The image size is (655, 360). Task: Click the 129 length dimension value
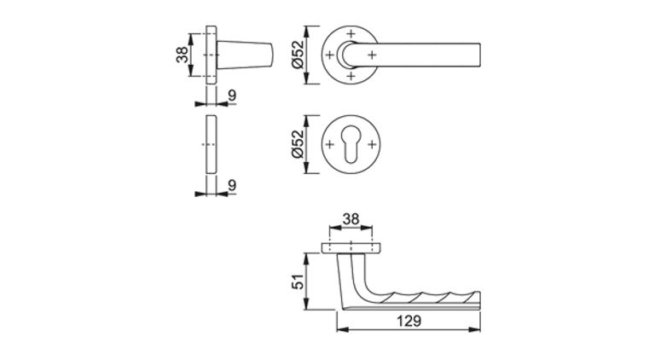click(x=409, y=321)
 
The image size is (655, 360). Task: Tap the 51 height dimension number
click(x=299, y=282)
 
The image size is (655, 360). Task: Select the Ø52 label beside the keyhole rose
click(x=298, y=144)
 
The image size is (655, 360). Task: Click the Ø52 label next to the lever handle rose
click(x=298, y=55)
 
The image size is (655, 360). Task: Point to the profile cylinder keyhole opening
click(x=351, y=144)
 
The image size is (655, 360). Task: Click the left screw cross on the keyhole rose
click(x=329, y=145)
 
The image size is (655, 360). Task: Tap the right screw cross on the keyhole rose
click(x=371, y=145)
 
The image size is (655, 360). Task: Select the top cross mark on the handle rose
click(x=351, y=33)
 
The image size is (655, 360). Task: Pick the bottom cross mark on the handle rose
click(x=351, y=76)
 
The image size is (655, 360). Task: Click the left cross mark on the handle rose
click(x=329, y=55)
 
